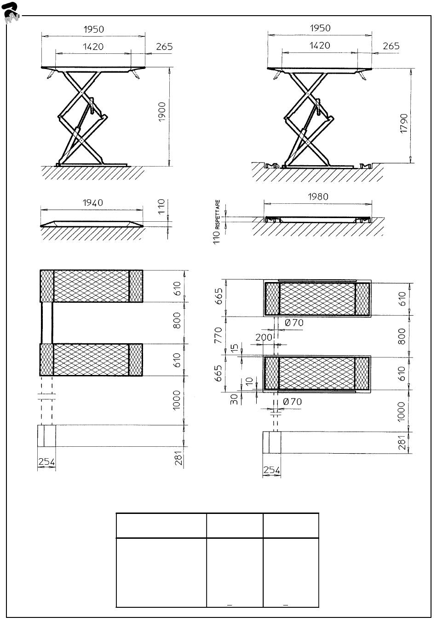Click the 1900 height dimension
161,112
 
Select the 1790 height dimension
403,123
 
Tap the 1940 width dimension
93,202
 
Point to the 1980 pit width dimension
318,196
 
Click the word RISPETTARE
218,214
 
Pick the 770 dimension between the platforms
218,335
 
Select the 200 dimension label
264,337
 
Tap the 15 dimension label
235,348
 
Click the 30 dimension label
234,399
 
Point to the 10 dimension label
249,381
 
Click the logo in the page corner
11,13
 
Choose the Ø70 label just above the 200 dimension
294,323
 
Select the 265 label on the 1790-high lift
391,46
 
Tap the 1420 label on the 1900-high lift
93,46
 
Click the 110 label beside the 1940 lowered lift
161,207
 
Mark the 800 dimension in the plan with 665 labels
401,336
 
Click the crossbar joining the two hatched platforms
47,323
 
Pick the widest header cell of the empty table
161,525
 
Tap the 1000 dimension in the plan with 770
401,411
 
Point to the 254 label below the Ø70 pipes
272,470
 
